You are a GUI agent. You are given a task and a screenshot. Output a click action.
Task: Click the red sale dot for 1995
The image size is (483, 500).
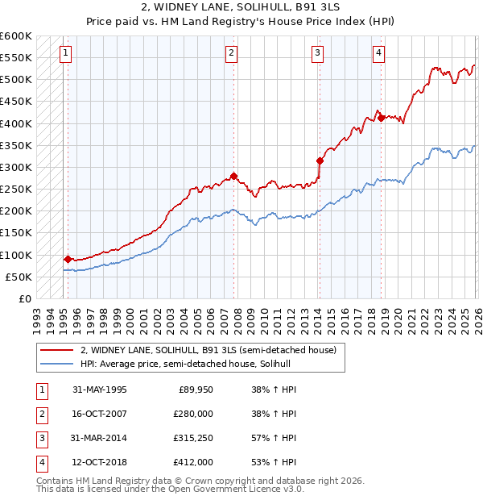pos(68,259)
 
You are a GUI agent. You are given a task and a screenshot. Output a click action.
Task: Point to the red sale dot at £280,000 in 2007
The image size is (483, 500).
pos(233,176)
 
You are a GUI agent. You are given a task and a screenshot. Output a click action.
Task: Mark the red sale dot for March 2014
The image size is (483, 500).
pos(320,160)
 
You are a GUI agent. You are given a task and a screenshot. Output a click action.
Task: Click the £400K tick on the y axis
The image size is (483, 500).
pos(16,123)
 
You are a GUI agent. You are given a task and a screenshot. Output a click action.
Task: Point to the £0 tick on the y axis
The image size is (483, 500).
pos(24,298)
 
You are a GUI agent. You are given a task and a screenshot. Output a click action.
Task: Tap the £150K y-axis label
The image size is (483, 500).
pos(16,233)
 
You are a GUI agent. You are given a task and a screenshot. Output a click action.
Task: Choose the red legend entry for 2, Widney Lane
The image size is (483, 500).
pos(213,350)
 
